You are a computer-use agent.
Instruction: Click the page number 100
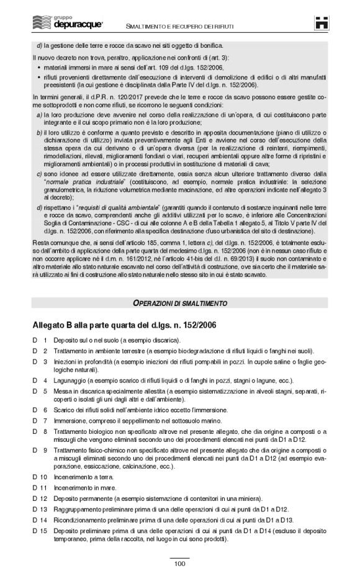click(x=179, y=564)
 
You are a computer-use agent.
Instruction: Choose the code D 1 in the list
click(x=40, y=340)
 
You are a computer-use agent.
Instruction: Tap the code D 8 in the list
click(x=40, y=431)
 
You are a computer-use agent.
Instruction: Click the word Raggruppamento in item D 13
click(x=78, y=509)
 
